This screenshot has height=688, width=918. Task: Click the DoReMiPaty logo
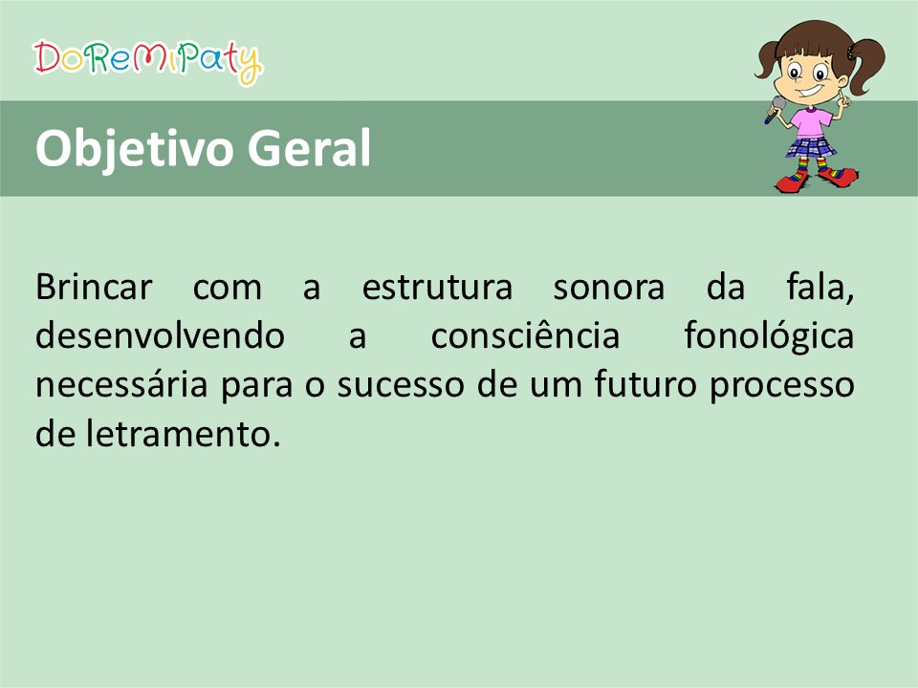coord(147,61)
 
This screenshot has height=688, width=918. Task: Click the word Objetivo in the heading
coord(134,150)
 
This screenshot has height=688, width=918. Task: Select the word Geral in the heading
coord(309,147)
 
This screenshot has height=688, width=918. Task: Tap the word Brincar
coord(94,287)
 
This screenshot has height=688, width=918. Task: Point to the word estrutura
coord(437,288)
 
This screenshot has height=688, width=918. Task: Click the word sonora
coord(609,289)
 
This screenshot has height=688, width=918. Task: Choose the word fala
coord(820,288)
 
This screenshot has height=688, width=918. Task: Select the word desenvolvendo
coord(160,335)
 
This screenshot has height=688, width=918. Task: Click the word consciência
coord(525,334)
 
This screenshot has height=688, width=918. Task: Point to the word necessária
coord(121,384)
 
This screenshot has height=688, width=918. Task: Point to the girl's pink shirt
coord(810,122)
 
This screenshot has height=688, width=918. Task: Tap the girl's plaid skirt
coord(811,147)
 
